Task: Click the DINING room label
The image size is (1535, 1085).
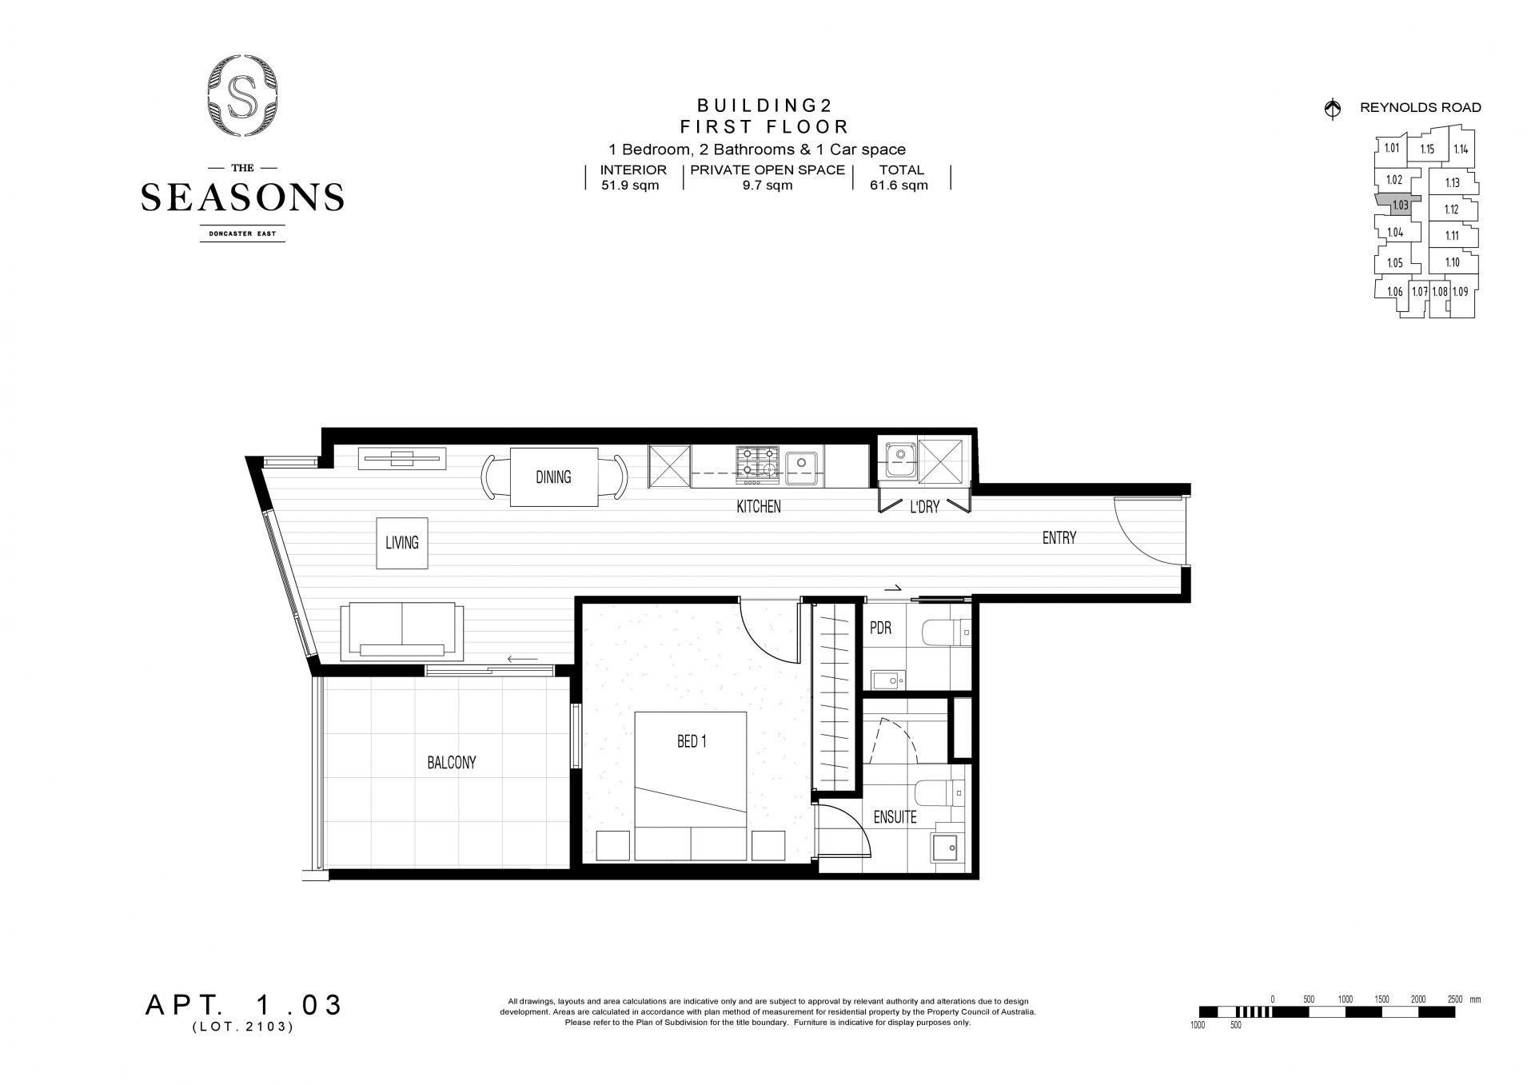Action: tap(553, 477)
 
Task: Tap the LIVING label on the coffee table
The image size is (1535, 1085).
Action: tap(402, 543)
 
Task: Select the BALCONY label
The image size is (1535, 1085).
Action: tap(452, 763)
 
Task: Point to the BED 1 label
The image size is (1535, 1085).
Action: tap(692, 741)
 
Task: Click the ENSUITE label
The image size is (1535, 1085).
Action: tap(895, 817)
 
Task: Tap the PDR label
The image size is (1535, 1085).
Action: tap(880, 628)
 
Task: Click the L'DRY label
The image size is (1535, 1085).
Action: tap(925, 507)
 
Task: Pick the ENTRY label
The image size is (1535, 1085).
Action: tap(1059, 538)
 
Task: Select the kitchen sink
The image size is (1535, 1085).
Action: tap(801, 463)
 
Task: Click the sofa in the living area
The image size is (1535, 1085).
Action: tap(402, 632)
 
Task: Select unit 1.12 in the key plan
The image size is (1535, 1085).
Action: tap(1452, 209)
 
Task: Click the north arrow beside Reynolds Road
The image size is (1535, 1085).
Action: tap(1333, 109)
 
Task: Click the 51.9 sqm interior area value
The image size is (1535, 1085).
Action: tap(630, 185)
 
